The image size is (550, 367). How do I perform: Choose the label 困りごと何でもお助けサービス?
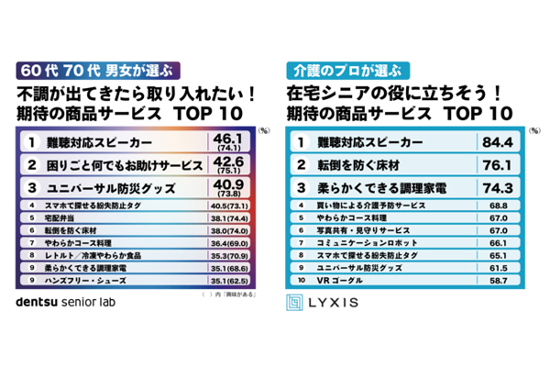112,165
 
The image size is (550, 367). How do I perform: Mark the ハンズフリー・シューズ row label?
83,279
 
